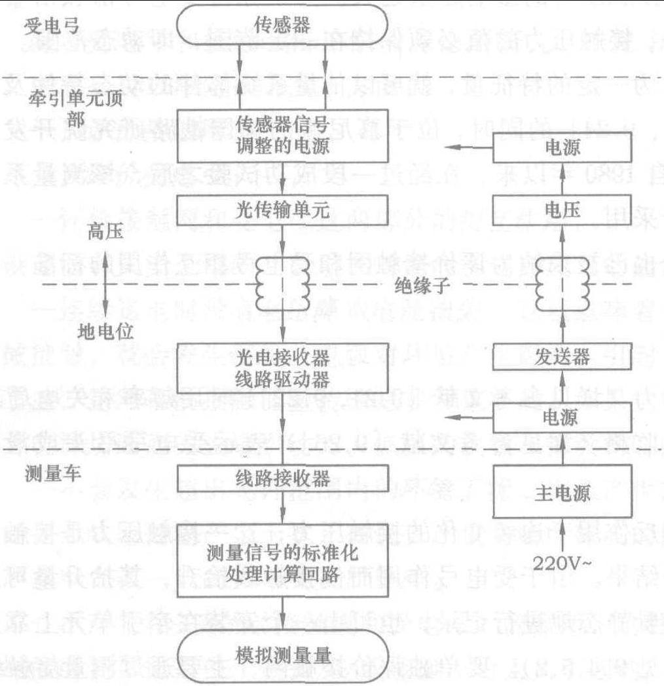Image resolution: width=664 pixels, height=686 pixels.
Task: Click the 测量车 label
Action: [x=54, y=473]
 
